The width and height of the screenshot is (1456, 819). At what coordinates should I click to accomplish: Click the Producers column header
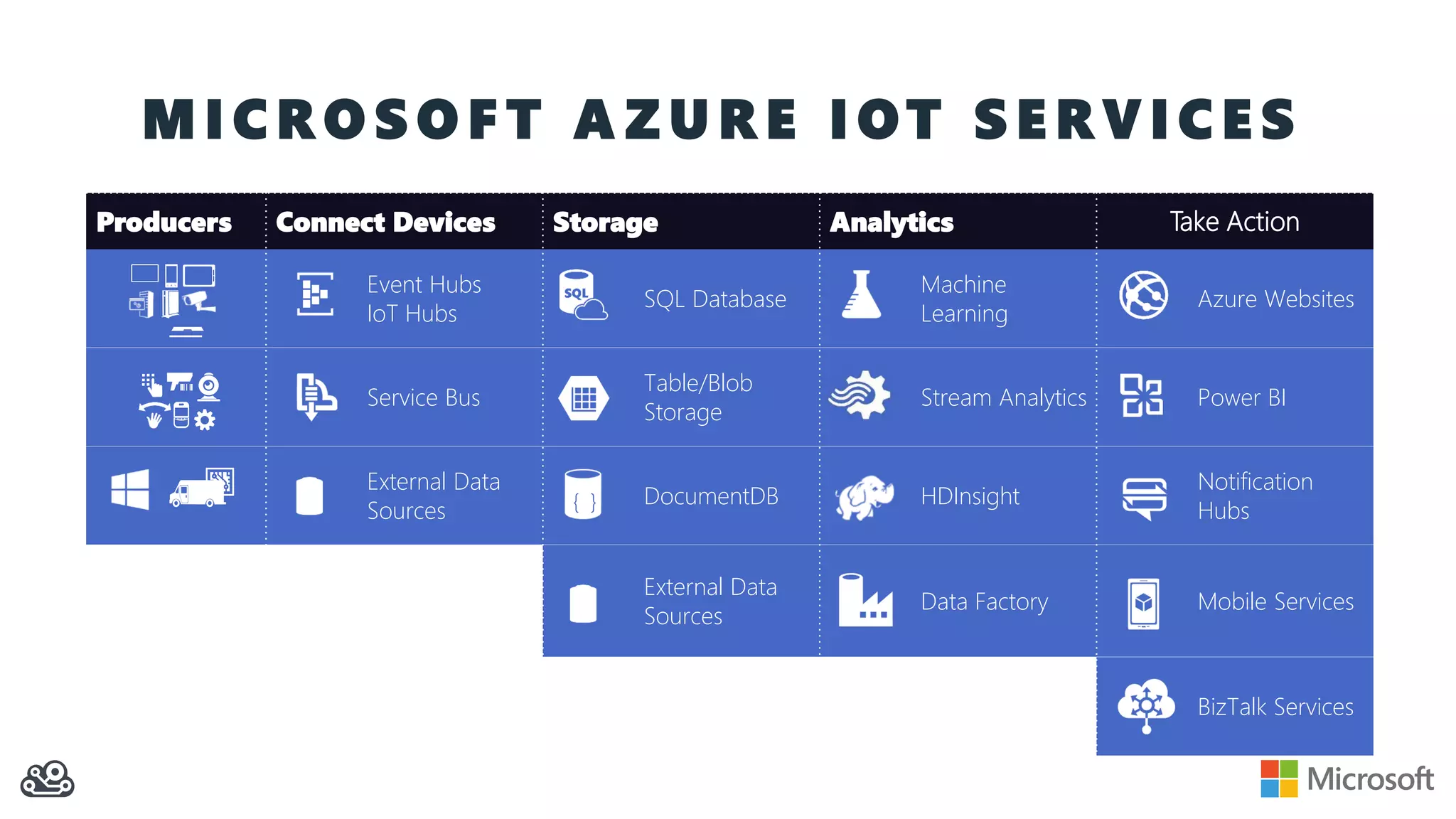[164, 223]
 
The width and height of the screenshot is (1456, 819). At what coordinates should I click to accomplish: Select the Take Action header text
[1234, 222]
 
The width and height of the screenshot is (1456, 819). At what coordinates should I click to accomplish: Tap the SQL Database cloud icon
[582, 295]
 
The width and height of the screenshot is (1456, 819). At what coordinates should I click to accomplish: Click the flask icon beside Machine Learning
[861, 294]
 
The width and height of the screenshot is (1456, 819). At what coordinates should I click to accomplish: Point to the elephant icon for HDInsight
[864, 497]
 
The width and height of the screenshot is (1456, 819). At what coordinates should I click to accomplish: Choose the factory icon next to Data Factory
[864, 601]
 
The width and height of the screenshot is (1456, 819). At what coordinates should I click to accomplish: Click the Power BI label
[1241, 397]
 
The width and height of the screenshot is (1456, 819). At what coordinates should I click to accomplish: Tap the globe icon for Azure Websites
[1143, 295]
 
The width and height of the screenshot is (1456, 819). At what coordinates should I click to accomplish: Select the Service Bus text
[424, 397]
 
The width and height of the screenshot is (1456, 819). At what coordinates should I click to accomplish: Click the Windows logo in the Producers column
[130, 489]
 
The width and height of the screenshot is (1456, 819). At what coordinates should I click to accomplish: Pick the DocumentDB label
[711, 496]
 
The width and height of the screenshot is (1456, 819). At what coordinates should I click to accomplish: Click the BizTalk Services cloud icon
[1145, 705]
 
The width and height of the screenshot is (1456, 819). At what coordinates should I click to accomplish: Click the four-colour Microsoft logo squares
[1279, 778]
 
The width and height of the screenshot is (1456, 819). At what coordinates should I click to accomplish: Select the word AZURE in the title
[685, 119]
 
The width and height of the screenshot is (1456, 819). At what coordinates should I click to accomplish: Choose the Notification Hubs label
[1255, 496]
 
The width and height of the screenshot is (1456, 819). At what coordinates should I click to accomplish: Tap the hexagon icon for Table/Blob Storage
[584, 398]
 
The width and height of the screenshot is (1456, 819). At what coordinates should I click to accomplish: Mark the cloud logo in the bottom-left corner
[48, 779]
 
